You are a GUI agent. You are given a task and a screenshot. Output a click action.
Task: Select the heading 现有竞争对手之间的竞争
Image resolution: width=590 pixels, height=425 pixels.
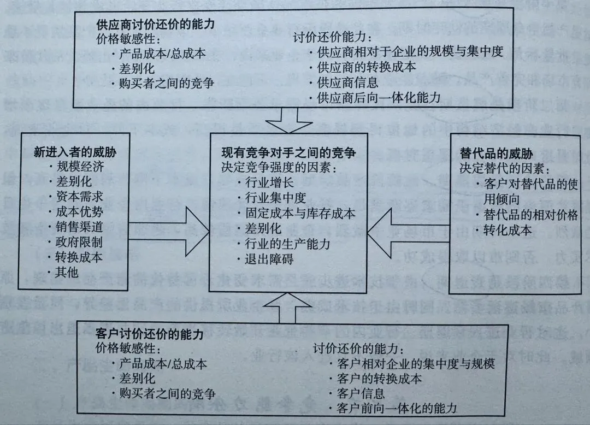click(288, 153)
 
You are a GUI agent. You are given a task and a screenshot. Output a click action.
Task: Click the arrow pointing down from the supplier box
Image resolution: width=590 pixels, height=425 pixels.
click(288, 120)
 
